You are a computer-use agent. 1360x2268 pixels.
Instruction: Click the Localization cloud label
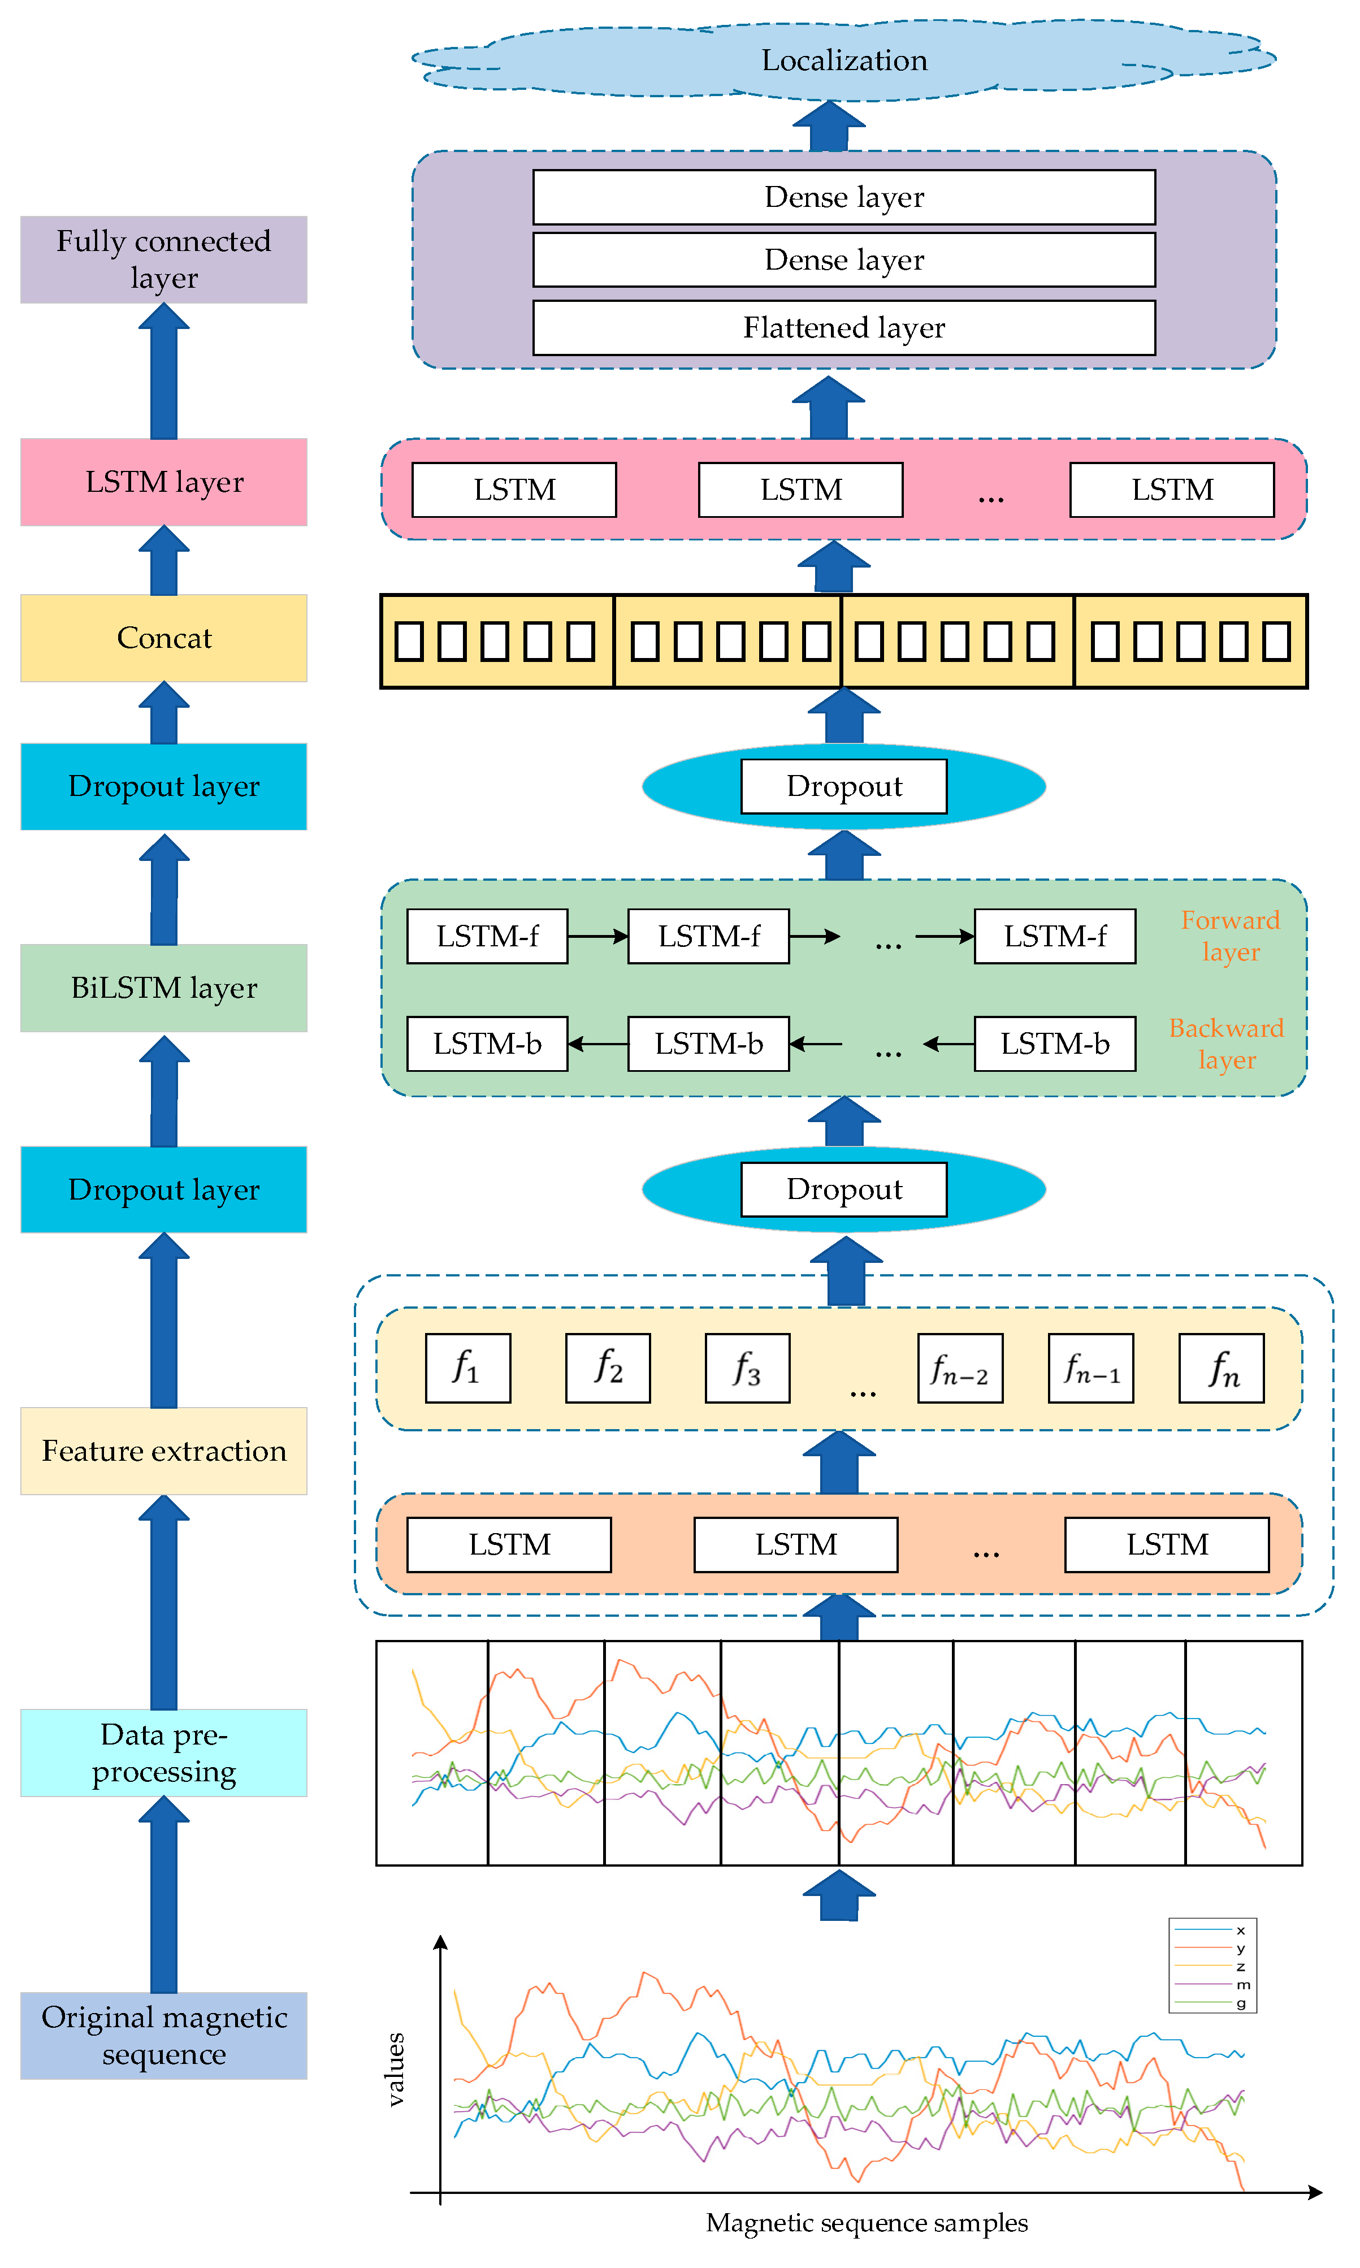pos(843,60)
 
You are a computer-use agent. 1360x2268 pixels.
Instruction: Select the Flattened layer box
pos(843,327)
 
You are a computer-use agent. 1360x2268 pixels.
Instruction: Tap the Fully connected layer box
pos(163,259)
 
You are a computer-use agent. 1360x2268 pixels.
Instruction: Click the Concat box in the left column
pos(163,638)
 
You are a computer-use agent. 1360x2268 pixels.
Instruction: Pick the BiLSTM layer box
pos(163,988)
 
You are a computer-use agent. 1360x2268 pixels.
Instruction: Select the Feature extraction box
pos(163,1451)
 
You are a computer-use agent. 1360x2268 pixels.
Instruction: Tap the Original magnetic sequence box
pos(163,2035)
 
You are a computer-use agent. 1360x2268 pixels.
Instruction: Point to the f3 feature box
pos(747,1368)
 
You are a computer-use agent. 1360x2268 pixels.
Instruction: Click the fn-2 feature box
pos(959,1368)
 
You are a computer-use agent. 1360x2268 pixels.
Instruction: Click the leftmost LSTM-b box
pos(487,1043)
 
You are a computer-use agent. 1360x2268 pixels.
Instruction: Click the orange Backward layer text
pos(1226,1043)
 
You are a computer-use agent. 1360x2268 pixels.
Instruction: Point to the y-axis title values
pos(395,2069)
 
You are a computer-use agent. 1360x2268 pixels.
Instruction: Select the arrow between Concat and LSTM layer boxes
pos(163,561)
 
